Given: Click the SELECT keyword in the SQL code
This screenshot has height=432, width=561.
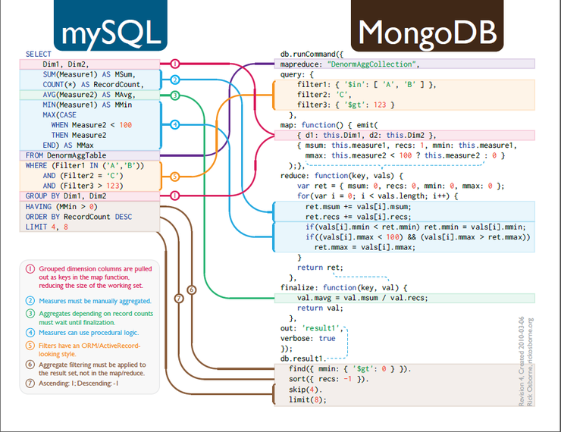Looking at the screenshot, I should coord(38,55).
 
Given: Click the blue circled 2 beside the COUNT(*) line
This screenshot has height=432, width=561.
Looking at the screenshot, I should coord(174,80).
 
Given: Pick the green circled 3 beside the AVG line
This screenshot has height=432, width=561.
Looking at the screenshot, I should coord(174,95).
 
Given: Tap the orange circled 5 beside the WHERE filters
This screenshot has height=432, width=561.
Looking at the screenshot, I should coord(174,176).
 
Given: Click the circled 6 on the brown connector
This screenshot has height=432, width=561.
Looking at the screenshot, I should coord(191,290).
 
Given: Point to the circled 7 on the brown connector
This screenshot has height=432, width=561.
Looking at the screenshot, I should coord(179,299).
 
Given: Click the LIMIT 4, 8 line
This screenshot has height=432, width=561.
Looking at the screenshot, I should coord(46,227).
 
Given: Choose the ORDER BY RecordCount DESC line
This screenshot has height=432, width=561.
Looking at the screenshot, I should coord(78,216).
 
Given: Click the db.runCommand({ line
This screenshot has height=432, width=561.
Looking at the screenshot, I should coord(312,55).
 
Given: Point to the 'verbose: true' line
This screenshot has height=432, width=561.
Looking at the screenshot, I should coord(308,338).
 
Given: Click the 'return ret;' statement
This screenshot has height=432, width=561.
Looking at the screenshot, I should coord(320,268).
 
